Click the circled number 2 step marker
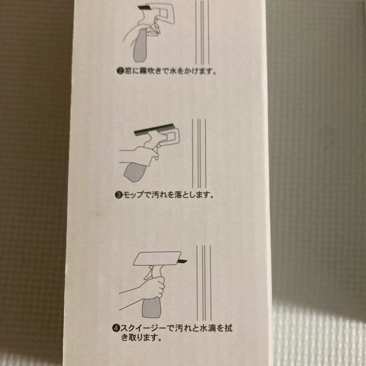pos(121,72)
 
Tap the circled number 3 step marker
pos(119,195)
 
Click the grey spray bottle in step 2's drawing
pos(140,45)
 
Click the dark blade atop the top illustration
pos(144,8)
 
